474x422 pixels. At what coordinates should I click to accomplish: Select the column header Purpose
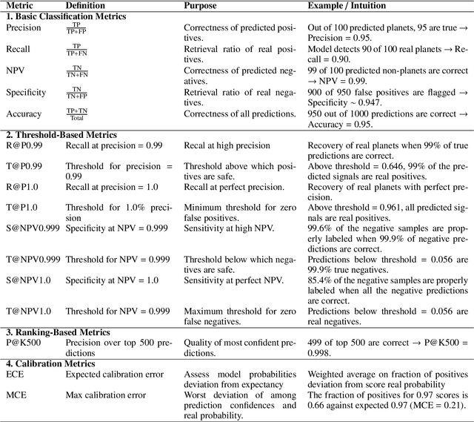(201, 6)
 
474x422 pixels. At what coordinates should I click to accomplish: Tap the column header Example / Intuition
(344, 6)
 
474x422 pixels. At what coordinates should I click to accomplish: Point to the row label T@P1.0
(22, 208)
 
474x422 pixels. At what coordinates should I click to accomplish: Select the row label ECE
(15, 375)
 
